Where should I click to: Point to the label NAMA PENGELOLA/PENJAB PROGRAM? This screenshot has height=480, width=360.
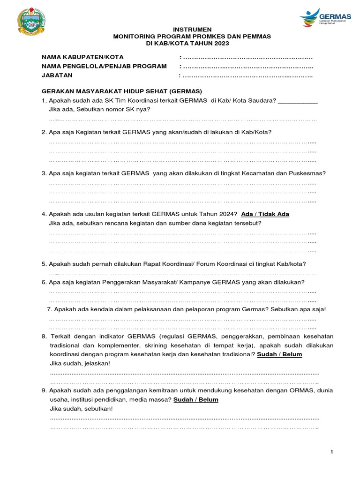(104, 66)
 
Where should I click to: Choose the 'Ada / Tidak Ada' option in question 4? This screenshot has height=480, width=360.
(265, 214)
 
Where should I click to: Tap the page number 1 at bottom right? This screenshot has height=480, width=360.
(332, 451)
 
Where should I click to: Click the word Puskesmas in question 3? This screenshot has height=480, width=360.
(306, 173)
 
